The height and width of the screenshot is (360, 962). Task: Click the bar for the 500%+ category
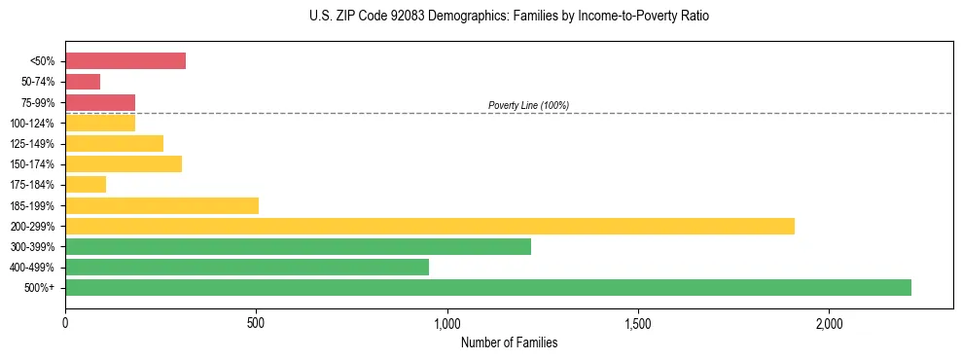coord(487,287)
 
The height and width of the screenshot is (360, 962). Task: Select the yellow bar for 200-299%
coord(429,226)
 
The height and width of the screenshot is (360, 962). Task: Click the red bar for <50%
coord(125,61)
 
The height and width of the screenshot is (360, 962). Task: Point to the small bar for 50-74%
coord(83,82)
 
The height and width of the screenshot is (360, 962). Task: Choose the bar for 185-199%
coord(161,205)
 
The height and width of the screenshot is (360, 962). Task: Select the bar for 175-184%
coord(86,185)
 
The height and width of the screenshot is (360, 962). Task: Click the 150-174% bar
coord(124,163)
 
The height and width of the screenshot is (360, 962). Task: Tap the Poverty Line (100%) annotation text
coord(528,105)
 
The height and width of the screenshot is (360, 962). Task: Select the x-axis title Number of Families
coord(509,342)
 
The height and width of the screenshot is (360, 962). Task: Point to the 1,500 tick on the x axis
coord(638,322)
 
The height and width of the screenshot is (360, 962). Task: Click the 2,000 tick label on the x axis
coord(829,322)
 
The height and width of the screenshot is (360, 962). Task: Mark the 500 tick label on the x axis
coord(256,322)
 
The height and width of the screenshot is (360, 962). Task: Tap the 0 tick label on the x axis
coord(65,322)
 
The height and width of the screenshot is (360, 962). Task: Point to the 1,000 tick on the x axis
coord(446,322)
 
